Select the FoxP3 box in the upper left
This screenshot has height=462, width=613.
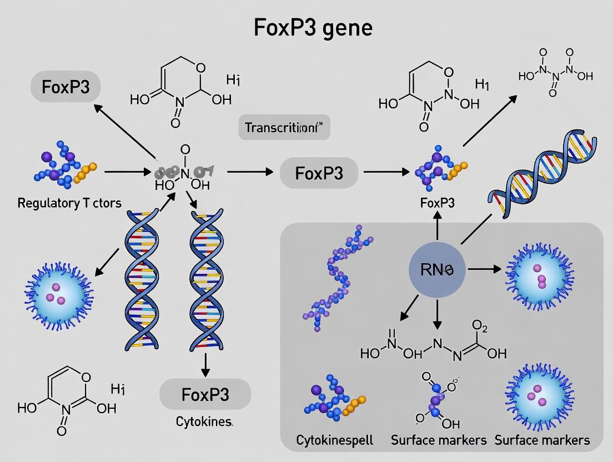coord(66,87)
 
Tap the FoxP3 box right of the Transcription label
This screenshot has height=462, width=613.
coord(319,173)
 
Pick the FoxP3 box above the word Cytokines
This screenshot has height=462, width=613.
coord(205,394)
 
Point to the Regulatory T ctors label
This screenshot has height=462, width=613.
coord(69,203)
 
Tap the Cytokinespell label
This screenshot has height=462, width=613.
coord(334,440)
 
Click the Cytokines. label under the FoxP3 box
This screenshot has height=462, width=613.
coord(204,421)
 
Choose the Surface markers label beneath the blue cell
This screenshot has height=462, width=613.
coord(439,440)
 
